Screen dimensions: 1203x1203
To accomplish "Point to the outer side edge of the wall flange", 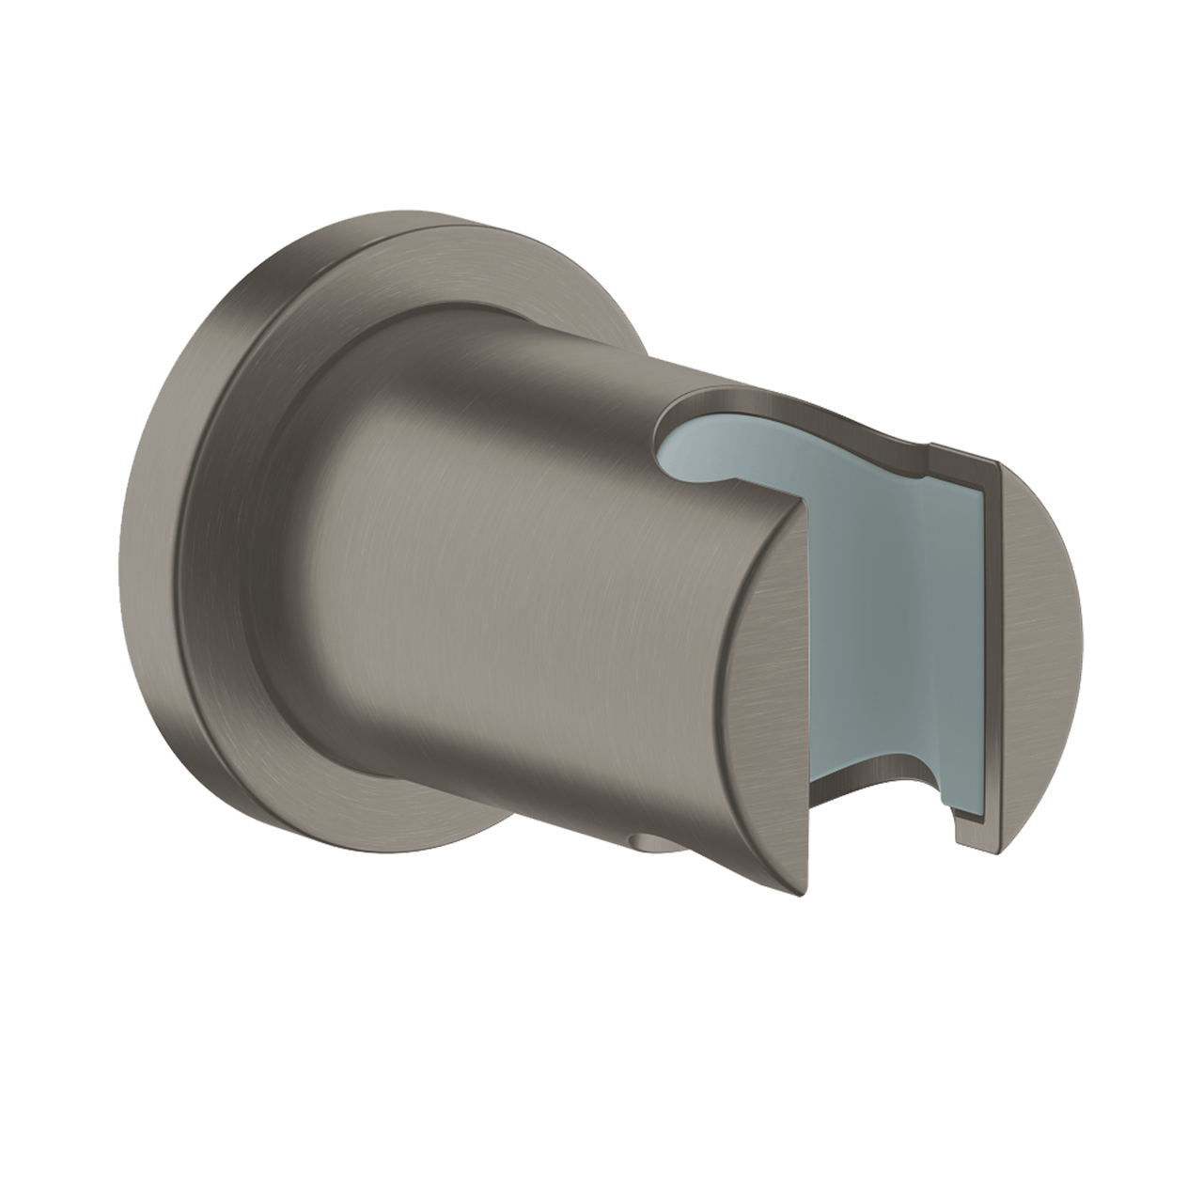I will pyautogui.click(x=188, y=564).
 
